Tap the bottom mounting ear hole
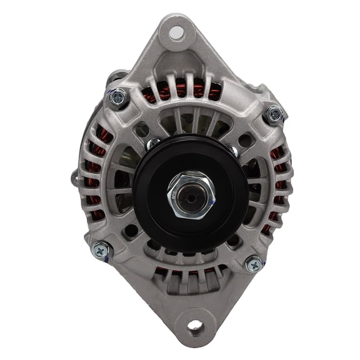point(194,326)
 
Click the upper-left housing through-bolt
point(117,98)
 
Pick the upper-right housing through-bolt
point(273,115)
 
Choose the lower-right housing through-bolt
point(253,264)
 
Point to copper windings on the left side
point(94,181)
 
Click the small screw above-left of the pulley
point(152,144)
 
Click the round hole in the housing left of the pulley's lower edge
point(131,229)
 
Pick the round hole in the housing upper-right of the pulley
point(244,140)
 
